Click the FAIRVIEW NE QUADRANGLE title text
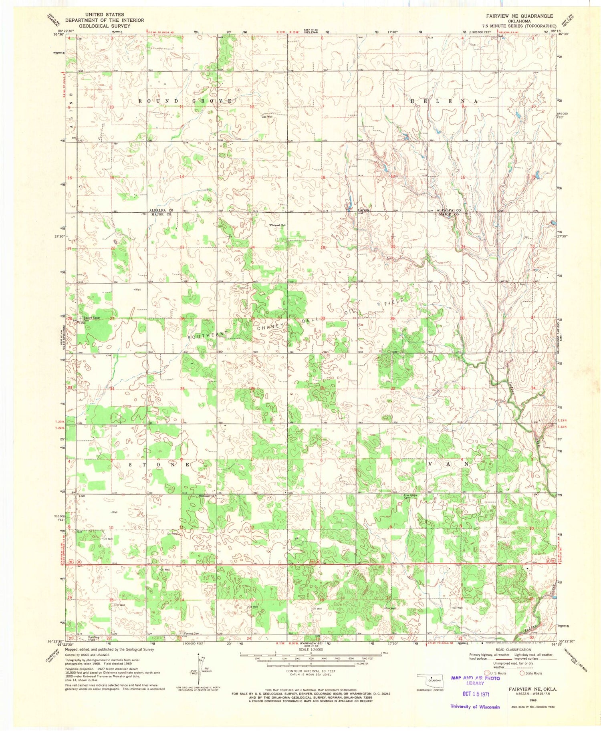click(x=520, y=16)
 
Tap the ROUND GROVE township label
click(x=185, y=101)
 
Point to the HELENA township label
click(x=444, y=101)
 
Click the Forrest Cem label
click(x=192, y=634)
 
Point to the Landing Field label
click(x=95, y=638)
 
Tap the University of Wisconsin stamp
click(x=475, y=707)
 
